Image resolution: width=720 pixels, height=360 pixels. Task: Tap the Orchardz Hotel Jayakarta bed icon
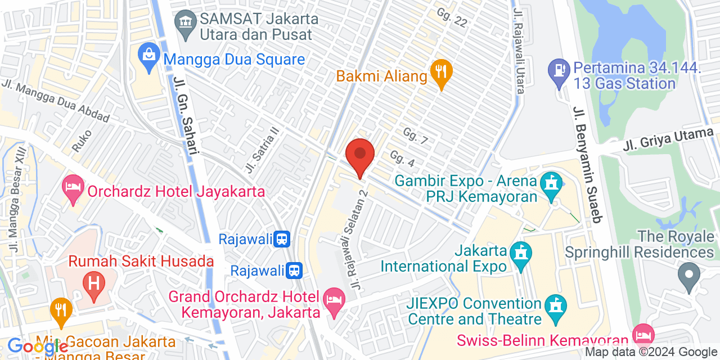coord(73,188)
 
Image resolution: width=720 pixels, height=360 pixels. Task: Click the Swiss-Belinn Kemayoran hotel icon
coord(643,335)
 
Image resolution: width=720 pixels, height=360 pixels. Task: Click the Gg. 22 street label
coord(452,17)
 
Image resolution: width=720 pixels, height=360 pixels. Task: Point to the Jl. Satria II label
coord(262,149)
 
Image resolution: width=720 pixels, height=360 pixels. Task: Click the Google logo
coord(37,346)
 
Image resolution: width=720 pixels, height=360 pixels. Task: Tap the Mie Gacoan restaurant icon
coord(61,312)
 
